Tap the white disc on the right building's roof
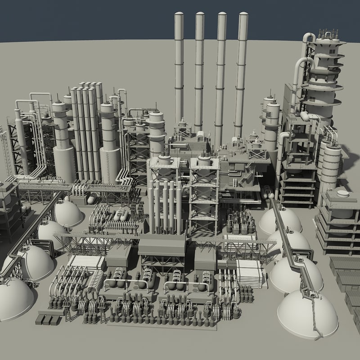tap(343, 194)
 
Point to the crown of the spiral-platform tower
tap(328, 36)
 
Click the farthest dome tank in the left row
tap(67, 213)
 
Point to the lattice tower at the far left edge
tap(5, 148)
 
